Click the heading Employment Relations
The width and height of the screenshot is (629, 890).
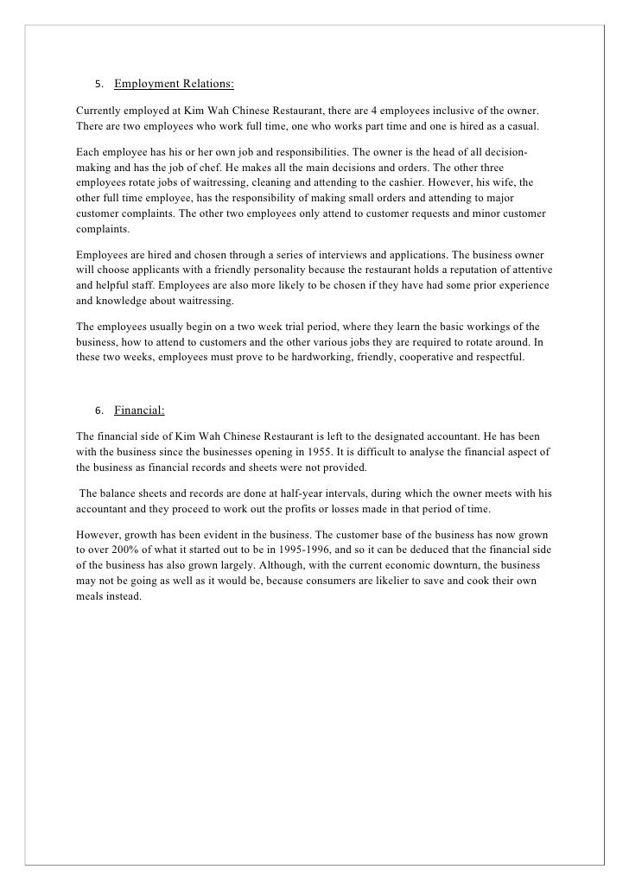[174, 84]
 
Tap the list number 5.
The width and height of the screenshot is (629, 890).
[98, 85]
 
